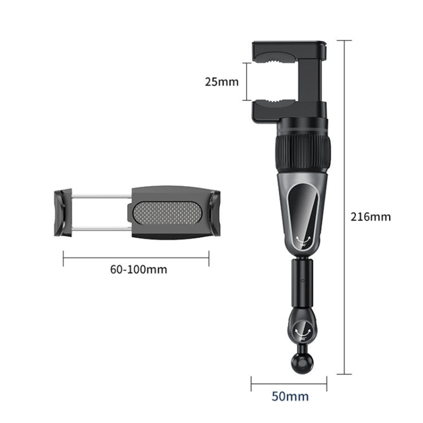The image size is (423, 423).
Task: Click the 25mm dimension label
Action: click(222, 82)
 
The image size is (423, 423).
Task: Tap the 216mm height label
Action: click(370, 216)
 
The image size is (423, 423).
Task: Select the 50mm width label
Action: click(290, 396)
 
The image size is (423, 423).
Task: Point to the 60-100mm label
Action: click(138, 269)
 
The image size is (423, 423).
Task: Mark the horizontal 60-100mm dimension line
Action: click(136, 259)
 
